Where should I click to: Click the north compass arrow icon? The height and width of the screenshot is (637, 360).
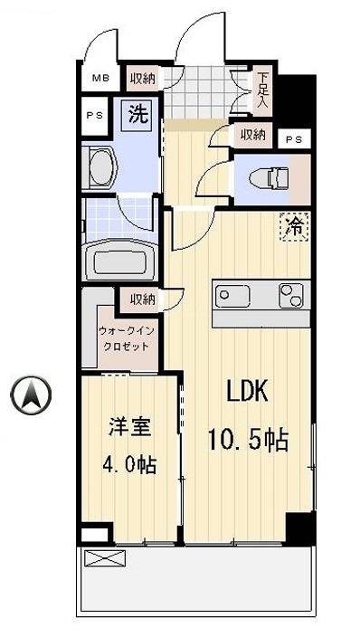coord(31,395)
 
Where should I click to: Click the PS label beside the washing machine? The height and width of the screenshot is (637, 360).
coord(94,115)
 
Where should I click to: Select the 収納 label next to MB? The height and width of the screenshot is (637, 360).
coord(140,78)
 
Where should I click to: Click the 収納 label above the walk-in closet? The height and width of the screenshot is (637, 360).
coord(141,299)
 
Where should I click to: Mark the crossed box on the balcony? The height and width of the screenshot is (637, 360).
coord(101,558)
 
